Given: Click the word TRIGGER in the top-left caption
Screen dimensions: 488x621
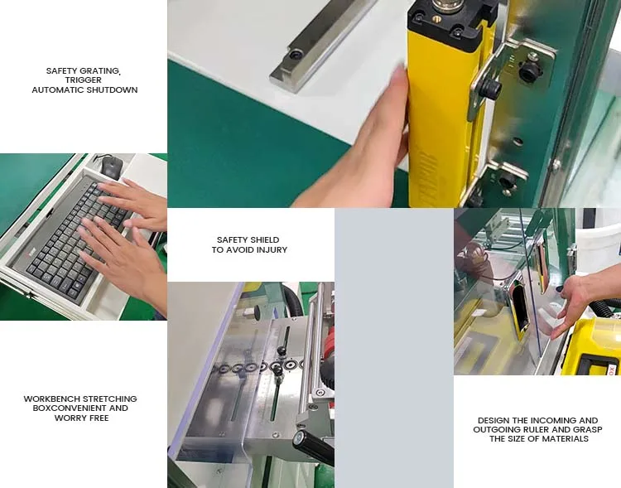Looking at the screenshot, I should (84, 80).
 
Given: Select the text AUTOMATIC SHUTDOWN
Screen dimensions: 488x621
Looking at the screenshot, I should (84, 89).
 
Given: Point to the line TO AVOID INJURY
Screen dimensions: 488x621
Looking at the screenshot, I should (249, 249).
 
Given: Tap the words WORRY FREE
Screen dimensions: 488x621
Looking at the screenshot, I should (81, 418).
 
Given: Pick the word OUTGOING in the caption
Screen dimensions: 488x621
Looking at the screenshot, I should (497, 430).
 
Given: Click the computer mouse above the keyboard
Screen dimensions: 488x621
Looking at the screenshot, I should (111, 165).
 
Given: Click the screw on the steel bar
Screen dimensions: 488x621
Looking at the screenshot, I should (296, 55).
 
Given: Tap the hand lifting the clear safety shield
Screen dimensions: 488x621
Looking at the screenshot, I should (580, 302).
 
